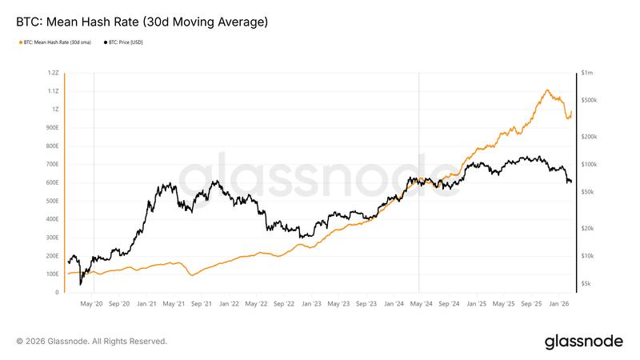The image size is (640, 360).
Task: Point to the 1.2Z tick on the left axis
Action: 53,72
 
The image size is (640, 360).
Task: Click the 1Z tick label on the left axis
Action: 54,109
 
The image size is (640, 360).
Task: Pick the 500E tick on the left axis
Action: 52,201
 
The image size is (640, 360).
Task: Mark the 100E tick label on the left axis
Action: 52,274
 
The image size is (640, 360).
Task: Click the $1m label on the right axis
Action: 588,72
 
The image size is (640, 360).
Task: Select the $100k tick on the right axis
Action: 590,164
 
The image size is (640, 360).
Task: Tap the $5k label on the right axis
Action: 587,284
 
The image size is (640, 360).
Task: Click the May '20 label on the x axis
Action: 93,304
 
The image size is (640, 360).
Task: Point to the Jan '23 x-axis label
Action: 311,304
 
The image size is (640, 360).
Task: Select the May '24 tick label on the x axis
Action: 421,304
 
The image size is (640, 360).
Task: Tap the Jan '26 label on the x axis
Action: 558,304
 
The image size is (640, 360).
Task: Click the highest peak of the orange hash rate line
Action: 547,90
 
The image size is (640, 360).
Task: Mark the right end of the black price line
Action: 571,182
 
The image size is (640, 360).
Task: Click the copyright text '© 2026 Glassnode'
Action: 91,342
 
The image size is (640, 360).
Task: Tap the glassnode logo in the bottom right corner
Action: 583,342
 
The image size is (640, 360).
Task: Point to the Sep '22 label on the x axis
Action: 284,304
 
